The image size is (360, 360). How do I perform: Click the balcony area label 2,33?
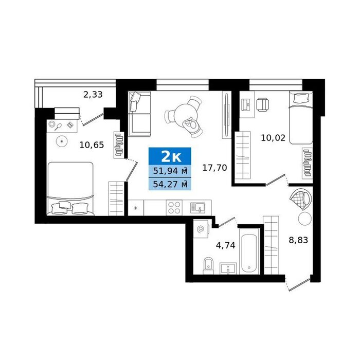(x=93, y=94)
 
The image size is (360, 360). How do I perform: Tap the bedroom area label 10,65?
(x=92, y=145)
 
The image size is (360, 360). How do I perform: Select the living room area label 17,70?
(x=214, y=168)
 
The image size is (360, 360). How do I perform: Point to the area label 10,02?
(x=273, y=138)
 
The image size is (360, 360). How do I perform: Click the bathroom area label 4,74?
(x=225, y=245)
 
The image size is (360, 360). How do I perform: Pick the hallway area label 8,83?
(x=298, y=240)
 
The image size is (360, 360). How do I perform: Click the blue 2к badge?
(x=170, y=156)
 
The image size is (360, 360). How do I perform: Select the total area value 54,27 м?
(x=170, y=184)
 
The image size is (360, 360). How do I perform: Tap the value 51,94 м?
(x=170, y=171)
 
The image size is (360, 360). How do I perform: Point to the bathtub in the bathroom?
(x=249, y=251)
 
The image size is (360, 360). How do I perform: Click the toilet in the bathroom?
(x=208, y=266)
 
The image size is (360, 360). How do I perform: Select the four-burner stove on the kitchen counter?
(x=174, y=208)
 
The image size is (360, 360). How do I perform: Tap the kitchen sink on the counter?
(x=197, y=208)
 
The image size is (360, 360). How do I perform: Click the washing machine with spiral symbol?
(x=201, y=229)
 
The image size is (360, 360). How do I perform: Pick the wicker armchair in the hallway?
(x=301, y=199)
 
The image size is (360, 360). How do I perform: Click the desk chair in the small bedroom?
(x=263, y=104)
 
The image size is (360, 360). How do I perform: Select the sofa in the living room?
(x=139, y=114)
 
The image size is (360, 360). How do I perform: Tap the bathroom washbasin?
(x=228, y=268)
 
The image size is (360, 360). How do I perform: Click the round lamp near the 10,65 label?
(x=62, y=141)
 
